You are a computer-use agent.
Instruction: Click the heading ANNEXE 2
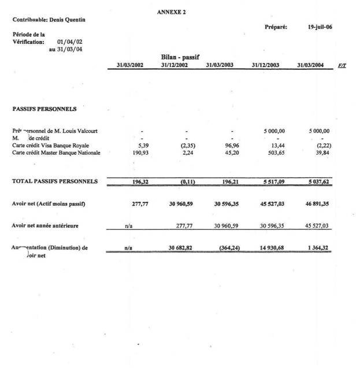[171, 12]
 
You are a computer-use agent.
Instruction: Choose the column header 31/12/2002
[174, 65]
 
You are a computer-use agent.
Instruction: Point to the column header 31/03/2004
[310, 65]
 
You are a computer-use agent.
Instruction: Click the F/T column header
[342, 65]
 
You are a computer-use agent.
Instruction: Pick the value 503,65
[269, 153]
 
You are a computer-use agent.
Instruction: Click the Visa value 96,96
[224, 146]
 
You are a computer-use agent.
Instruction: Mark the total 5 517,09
[269, 181]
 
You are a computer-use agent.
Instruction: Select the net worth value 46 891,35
[313, 203]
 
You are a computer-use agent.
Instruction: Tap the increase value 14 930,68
[269, 248]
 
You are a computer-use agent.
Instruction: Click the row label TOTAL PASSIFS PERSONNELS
[55, 181]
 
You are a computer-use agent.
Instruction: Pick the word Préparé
[276, 27]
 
